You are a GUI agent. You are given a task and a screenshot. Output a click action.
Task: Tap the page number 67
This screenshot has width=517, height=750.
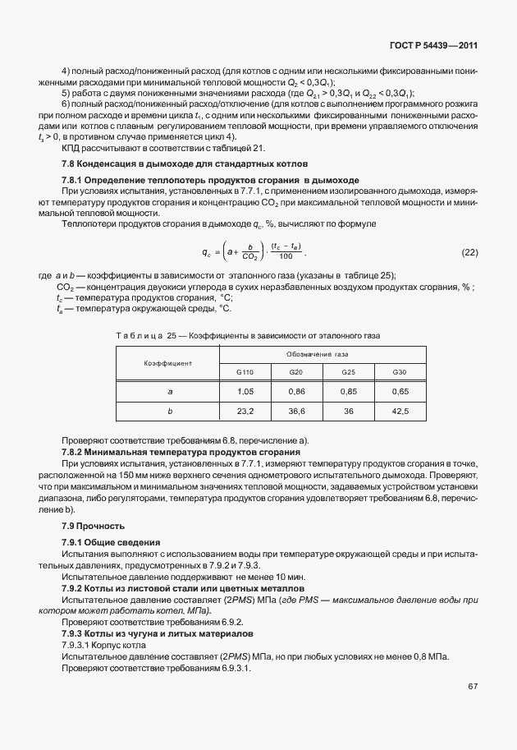coord(473,686)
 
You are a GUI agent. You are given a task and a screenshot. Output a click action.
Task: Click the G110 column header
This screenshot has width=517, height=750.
coord(245,372)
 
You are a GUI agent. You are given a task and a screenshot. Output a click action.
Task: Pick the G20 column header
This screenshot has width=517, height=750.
coord(296,372)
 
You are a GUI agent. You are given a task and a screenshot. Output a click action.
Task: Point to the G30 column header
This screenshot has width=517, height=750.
coord(400,372)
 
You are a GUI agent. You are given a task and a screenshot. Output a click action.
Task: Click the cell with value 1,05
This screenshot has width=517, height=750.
coord(245,392)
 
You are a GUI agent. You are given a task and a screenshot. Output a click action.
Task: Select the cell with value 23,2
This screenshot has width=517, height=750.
coord(245,411)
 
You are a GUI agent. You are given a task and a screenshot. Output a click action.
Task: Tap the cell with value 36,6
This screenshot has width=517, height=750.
coord(296,411)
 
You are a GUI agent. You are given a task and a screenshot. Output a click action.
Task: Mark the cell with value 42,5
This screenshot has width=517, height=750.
coord(400,411)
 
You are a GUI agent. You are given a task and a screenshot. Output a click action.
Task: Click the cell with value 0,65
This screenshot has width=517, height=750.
coord(400,392)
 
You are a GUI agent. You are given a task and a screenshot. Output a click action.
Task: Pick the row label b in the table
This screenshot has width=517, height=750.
coord(169,411)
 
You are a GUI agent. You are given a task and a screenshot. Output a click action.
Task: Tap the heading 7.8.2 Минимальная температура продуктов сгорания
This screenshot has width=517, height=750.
coord(181,453)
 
